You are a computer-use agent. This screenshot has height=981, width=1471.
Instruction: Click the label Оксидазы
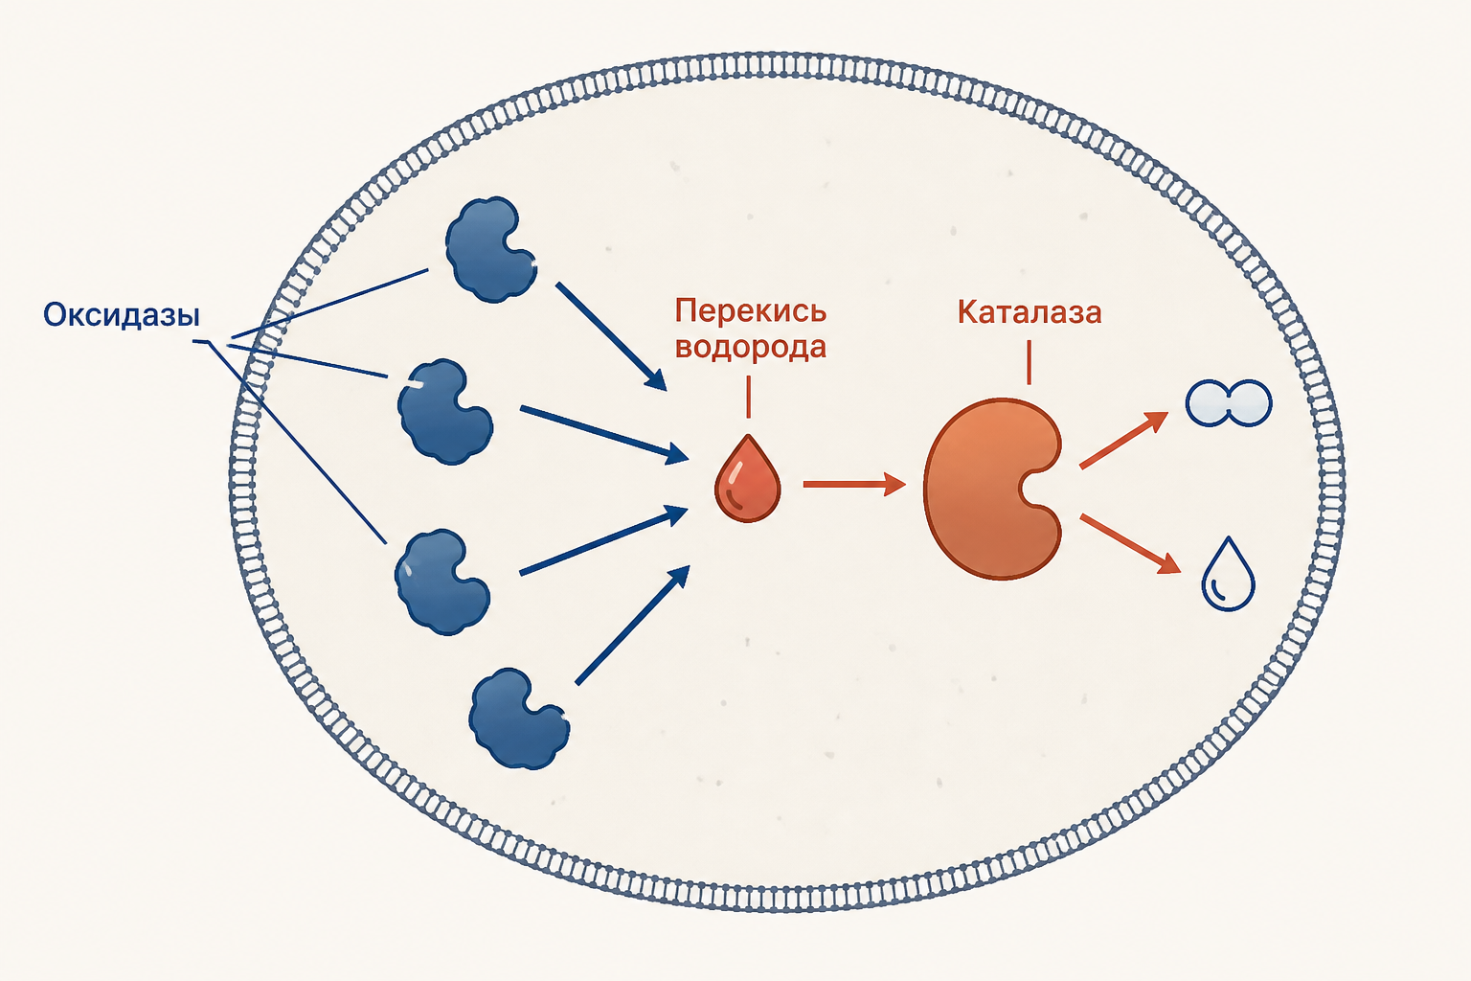(122, 316)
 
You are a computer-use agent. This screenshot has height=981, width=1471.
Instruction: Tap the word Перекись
(751, 310)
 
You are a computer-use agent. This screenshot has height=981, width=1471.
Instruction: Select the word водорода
(751, 347)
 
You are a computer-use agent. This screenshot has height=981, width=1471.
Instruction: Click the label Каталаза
(1030, 312)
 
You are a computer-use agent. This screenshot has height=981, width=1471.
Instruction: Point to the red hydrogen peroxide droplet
(747, 481)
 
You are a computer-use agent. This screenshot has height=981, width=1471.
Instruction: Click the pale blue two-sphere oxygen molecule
(1229, 402)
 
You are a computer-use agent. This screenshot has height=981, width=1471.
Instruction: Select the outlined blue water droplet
(1228, 577)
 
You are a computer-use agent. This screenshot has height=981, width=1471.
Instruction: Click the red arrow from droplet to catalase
(854, 484)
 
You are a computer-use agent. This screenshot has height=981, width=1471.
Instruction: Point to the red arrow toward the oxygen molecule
(1123, 440)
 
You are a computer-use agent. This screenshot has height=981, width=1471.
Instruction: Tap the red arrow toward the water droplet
(1130, 544)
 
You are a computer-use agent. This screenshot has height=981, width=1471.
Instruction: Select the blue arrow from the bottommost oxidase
(632, 625)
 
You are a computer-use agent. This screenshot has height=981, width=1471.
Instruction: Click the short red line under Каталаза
(1030, 362)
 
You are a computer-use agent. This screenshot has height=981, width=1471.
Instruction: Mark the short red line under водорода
(748, 397)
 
